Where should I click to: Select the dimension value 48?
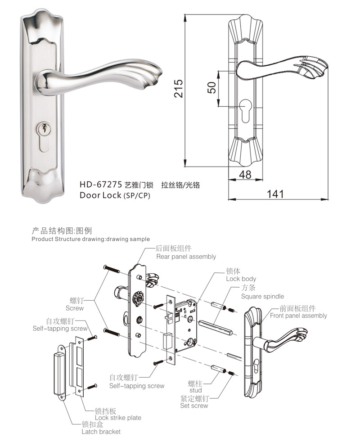[x=245, y=175]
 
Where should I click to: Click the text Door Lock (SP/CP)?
[x=114, y=195]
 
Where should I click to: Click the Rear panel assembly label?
[x=186, y=257]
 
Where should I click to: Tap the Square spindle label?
[x=262, y=296]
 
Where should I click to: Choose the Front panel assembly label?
[x=298, y=316]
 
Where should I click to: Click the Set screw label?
[x=194, y=406]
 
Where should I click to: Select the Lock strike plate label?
[x=118, y=418]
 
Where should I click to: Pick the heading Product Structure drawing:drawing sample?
[x=90, y=239]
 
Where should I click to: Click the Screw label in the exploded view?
[x=74, y=308]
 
